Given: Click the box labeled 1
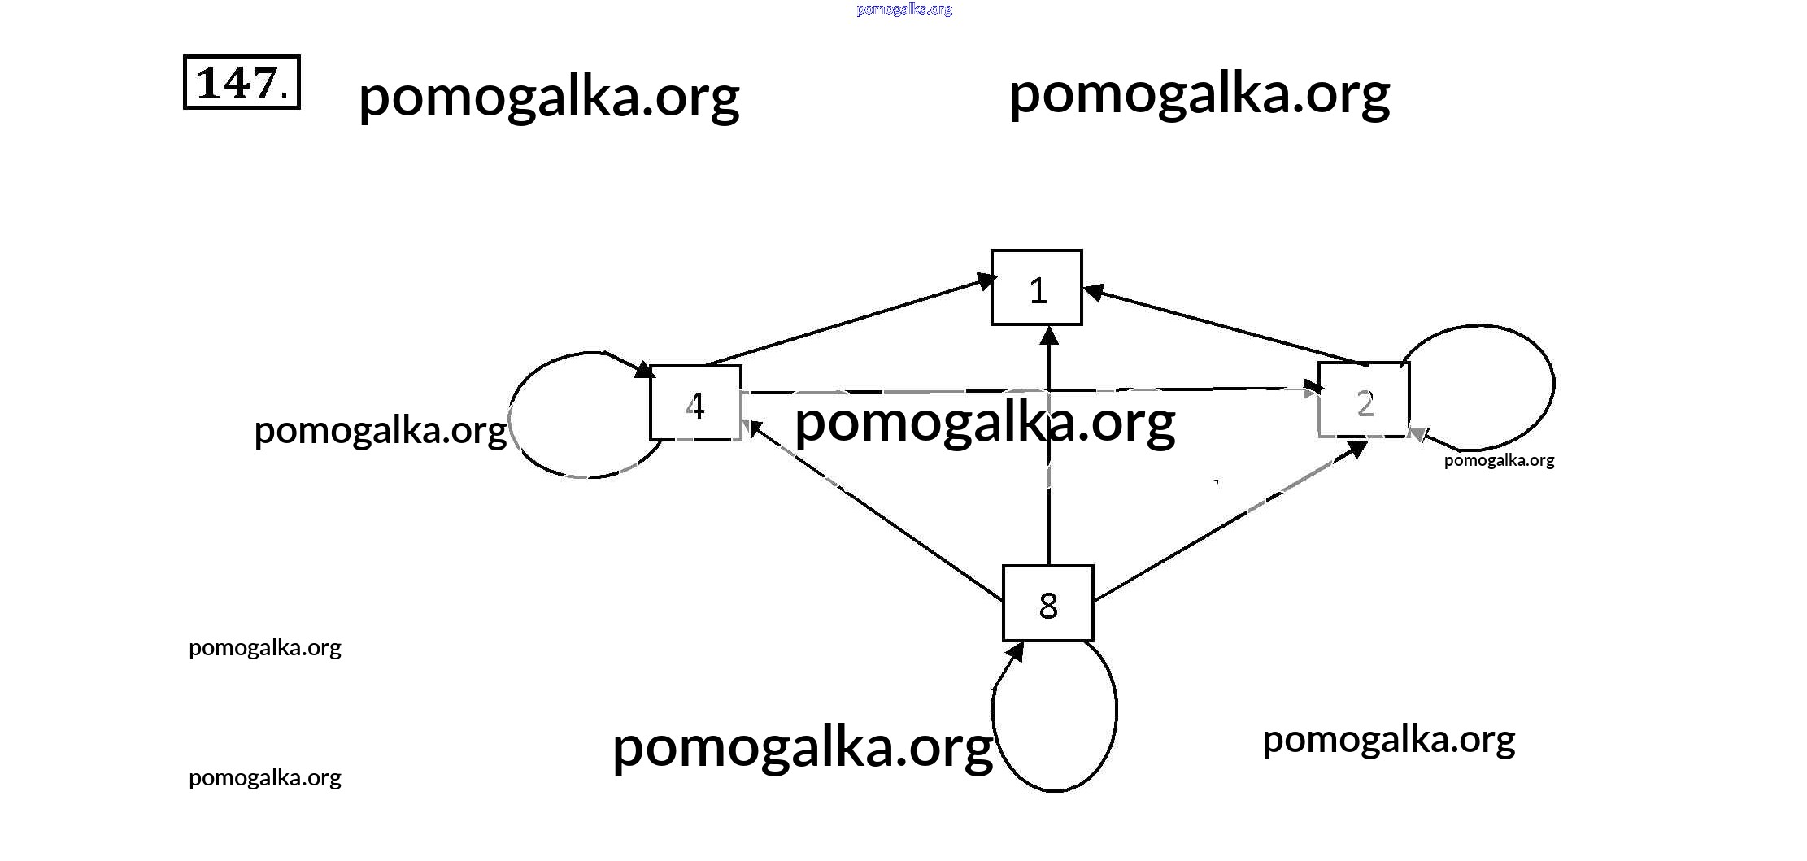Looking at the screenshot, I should [x=1036, y=288].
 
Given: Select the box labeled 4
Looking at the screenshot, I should [x=695, y=403].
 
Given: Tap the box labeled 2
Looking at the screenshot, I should [x=1364, y=400].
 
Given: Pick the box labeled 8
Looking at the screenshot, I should [x=1047, y=603].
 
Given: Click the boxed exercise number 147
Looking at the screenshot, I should [x=242, y=82].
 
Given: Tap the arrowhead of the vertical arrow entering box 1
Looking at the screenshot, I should [x=1049, y=335].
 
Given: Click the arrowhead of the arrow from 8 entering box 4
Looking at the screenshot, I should [x=753, y=425].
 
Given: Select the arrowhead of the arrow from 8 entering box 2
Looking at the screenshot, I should [x=1356, y=449].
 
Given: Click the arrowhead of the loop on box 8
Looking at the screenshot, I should [x=1014, y=650].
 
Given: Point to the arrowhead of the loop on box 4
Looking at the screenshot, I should [x=643, y=370].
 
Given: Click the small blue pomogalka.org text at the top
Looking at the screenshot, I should [x=903, y=9].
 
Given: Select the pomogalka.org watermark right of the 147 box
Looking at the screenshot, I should [x=549, y=96].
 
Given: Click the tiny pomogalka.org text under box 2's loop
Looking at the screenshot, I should [x=1499, y=460].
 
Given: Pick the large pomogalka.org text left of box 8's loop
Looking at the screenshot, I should [x=802, y=746].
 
